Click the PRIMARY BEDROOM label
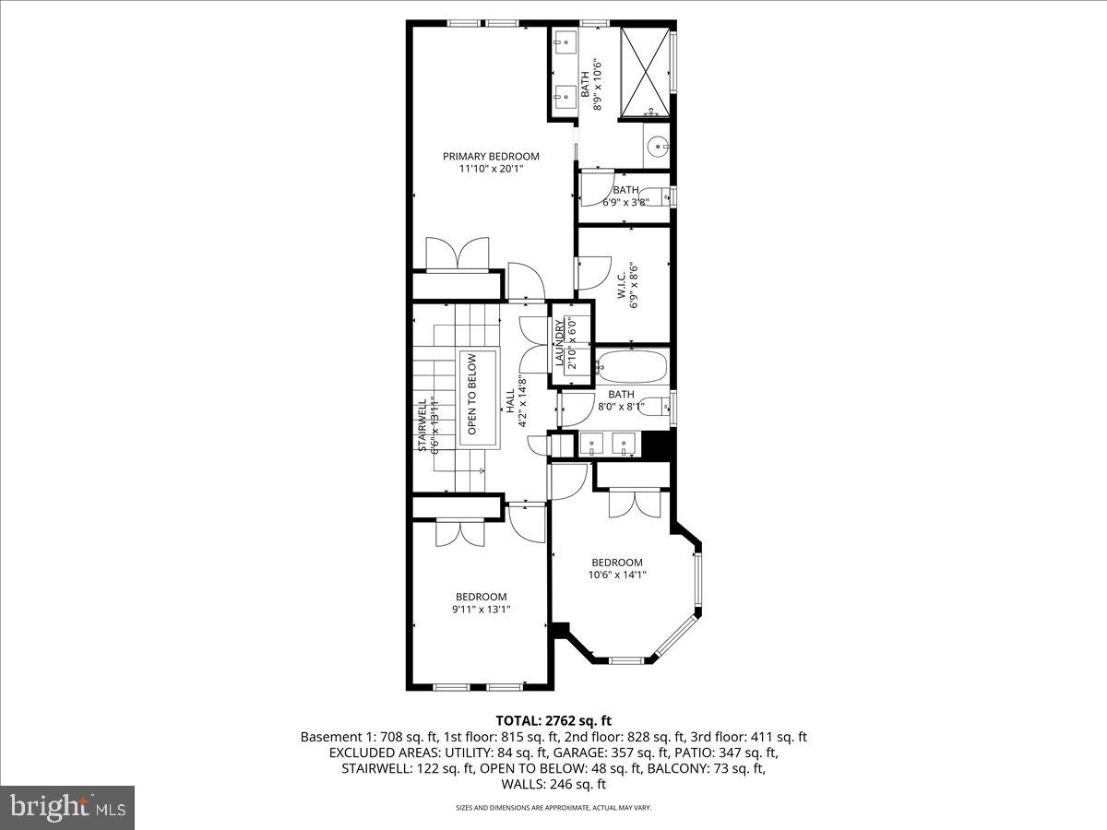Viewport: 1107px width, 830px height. (x=491, y=156)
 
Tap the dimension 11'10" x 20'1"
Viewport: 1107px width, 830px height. (x=491, y=169)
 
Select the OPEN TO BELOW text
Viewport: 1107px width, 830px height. (x=471, y=395)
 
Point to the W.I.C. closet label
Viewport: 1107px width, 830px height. (x=621, y=287)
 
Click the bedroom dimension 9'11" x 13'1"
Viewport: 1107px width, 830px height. (x=481, y=609)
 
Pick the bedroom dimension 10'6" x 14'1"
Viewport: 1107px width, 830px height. (x=617, y=575)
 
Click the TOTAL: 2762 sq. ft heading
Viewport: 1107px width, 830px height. (x=553, y=720)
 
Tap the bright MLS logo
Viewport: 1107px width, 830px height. (x=67, y=808)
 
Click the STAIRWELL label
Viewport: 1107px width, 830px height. (x=423, y=424)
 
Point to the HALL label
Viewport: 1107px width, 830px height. (x=510, y=398)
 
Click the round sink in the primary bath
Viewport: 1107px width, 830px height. (x=656, y=144)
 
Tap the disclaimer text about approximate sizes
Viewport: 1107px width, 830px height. (x=553, y=808)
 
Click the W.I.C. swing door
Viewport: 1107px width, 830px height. (x=592, y=271)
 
